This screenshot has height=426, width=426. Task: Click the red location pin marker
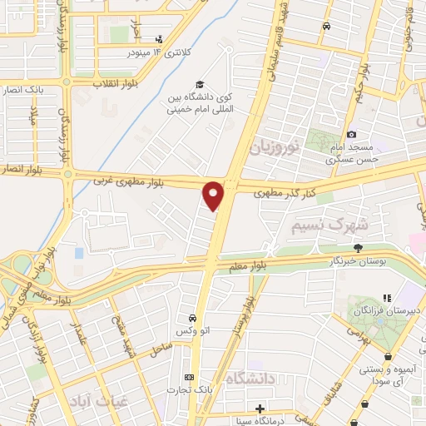point(214,195)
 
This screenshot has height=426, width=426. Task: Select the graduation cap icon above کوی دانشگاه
point(200,84)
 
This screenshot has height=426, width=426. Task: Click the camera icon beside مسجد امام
point(352,135)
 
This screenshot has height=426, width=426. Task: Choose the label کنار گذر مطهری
point(279,193)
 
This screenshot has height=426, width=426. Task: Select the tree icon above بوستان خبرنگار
point(359,247)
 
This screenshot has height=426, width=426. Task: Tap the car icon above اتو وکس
point(192,319)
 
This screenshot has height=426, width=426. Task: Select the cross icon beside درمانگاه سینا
point(260,409)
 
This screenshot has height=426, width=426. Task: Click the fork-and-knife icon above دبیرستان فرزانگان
point(386,297)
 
